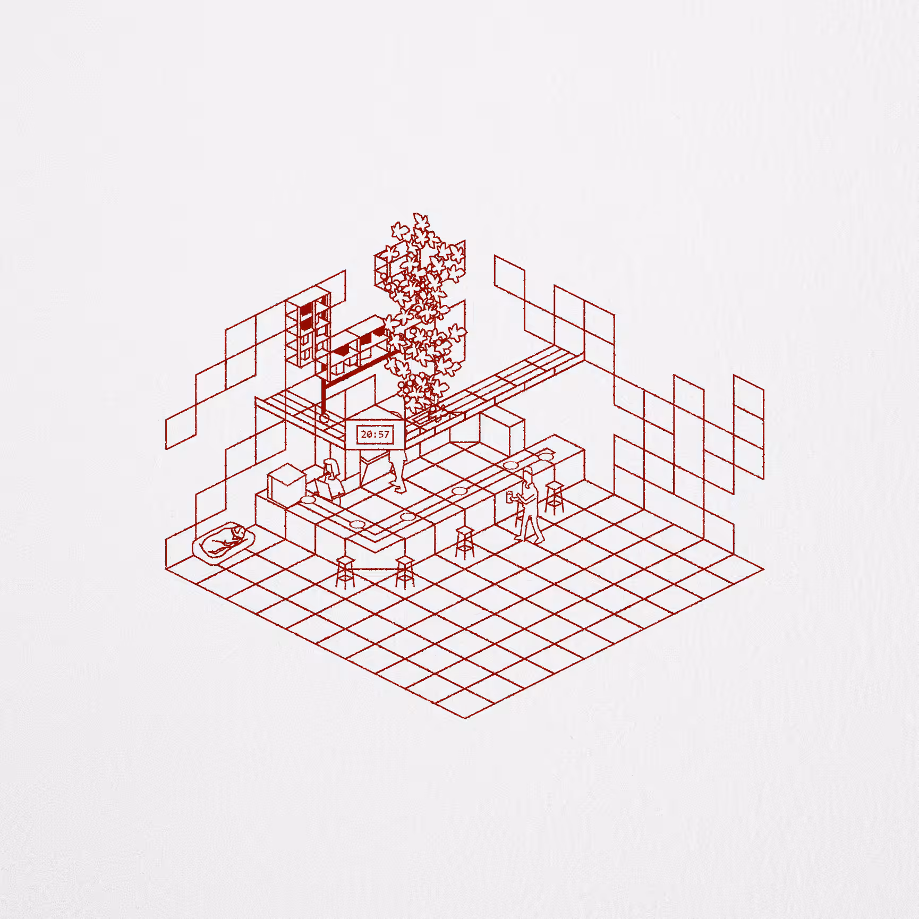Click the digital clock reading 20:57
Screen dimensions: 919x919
click(376, 435)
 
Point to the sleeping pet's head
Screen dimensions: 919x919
click(237, 532)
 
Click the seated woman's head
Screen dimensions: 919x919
click(331, 467)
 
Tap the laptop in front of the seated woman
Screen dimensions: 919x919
click(322, 489)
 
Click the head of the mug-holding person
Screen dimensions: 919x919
click(527, 475)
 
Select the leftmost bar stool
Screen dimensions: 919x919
click(345, 572)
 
